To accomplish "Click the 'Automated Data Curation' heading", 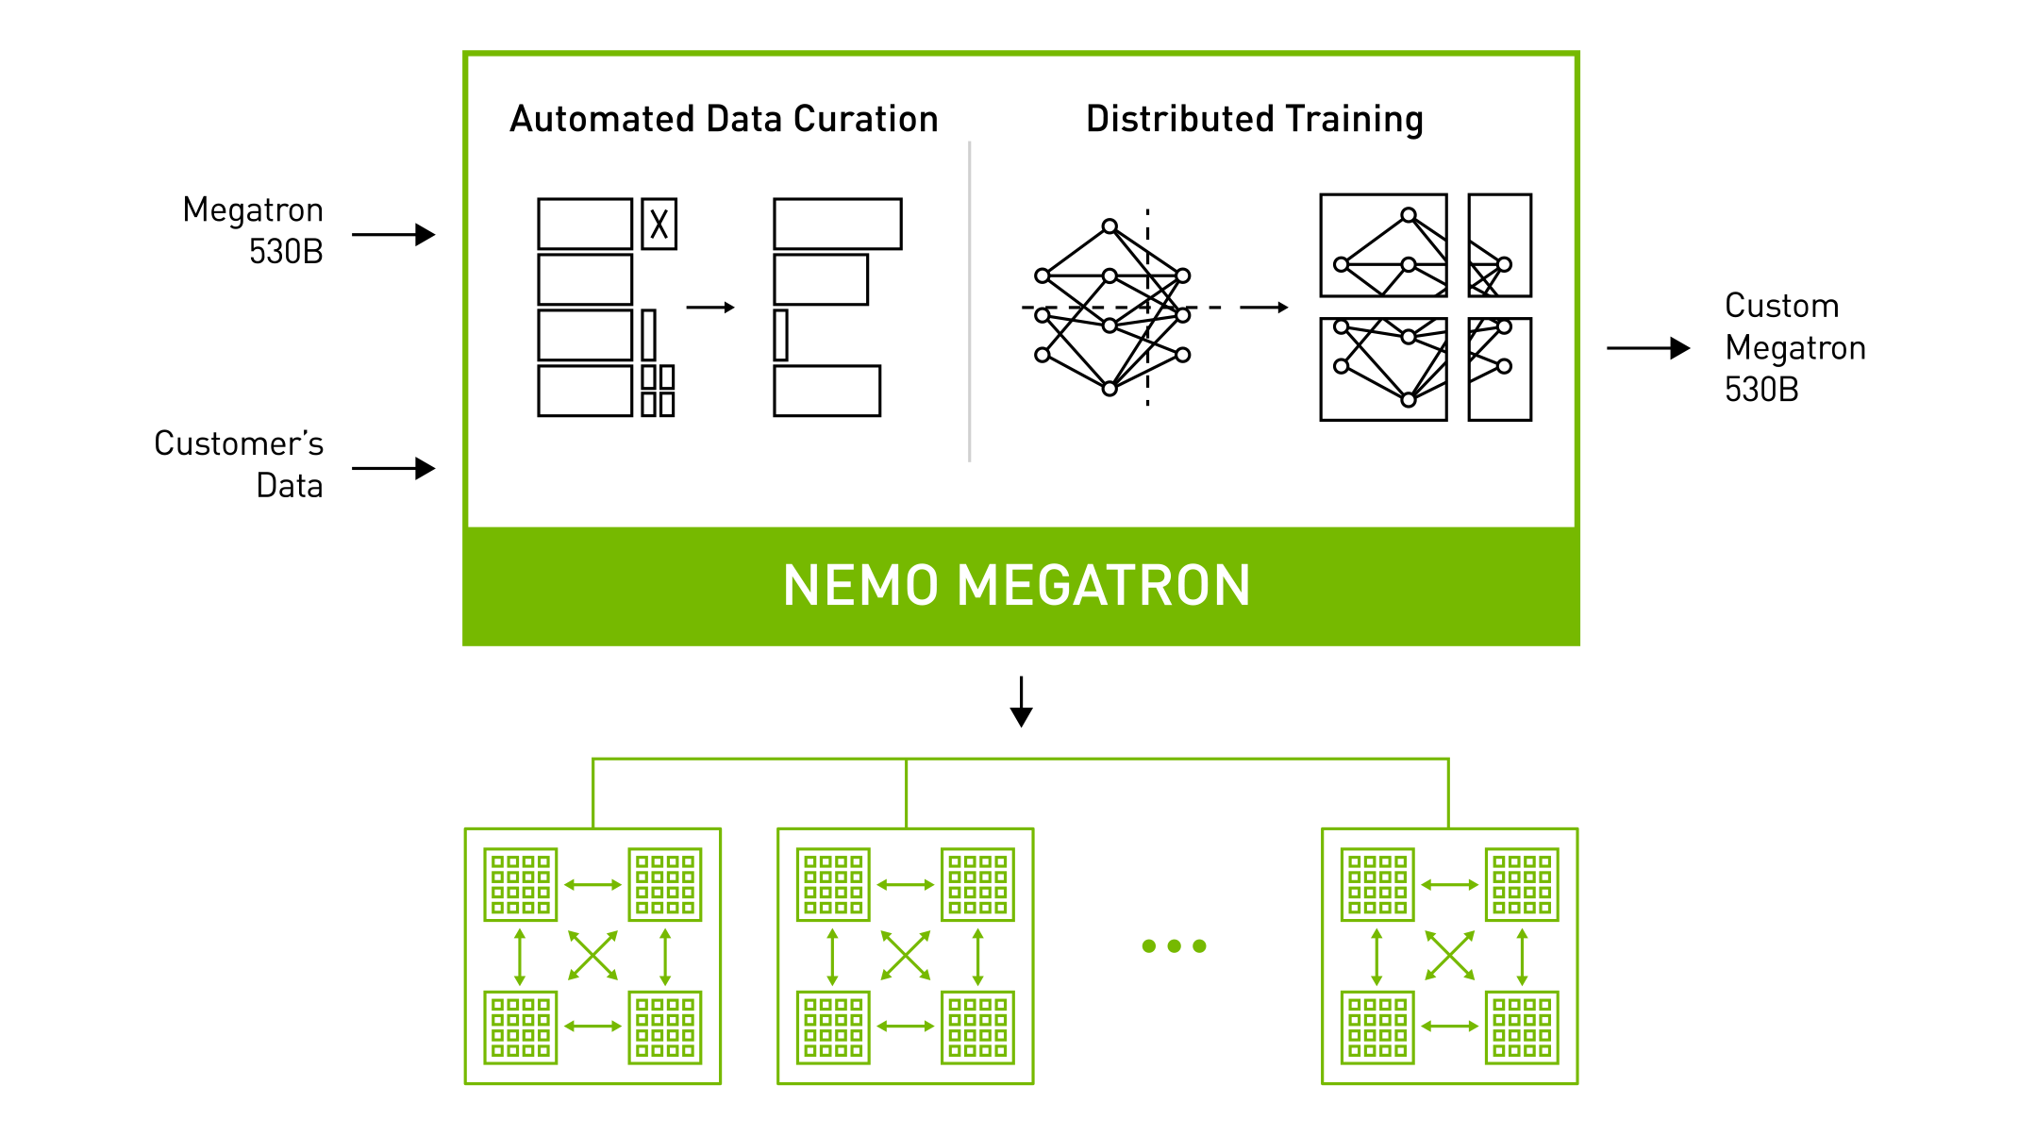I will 724,120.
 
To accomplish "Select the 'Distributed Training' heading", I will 1254,120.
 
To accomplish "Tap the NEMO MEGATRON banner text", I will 1016,586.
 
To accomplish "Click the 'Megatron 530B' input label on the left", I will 253,230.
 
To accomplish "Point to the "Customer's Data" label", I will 239,464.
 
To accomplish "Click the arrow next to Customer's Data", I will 393,469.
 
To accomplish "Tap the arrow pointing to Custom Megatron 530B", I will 1647,348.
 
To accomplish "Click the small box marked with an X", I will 659,224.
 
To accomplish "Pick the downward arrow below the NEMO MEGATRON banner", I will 1021,702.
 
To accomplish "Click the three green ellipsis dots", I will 1174,945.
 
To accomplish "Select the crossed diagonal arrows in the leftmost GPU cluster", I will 592,956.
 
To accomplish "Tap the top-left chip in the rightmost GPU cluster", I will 1377,884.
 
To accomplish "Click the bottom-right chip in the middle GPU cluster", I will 977,1027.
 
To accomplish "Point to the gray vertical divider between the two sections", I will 969,302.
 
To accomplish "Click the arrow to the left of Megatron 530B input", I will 393,235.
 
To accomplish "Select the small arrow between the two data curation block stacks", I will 710,308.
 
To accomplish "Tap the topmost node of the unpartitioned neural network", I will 1110,226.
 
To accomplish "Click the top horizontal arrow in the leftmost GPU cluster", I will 592,885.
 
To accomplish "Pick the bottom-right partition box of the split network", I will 1499,369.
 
